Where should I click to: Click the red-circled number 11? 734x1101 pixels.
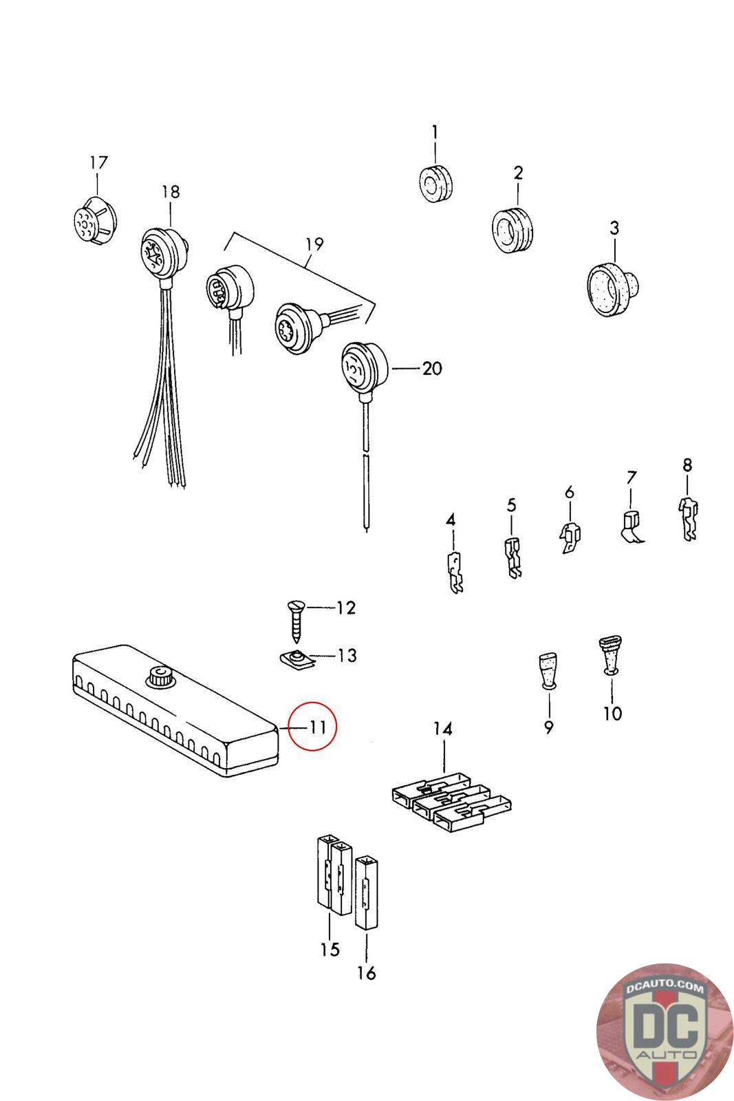[x=317, y=727]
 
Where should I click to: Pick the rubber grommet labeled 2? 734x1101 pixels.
[x=512, y=230]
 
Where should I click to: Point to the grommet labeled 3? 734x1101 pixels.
[x=613, y=289]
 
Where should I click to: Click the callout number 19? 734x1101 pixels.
[x=314, y=244]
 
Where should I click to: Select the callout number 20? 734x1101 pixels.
[x=432, y=368]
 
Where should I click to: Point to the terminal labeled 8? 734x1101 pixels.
[x=689, y=519]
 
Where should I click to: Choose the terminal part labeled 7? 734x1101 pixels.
[x=632, y=527]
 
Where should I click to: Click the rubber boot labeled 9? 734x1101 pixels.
[x=548, y=670]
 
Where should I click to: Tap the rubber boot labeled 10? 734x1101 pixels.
[x=611, y=655]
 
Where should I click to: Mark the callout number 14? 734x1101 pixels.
[x=442, y=729]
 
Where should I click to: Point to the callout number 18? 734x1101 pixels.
[x=171, y=192]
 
